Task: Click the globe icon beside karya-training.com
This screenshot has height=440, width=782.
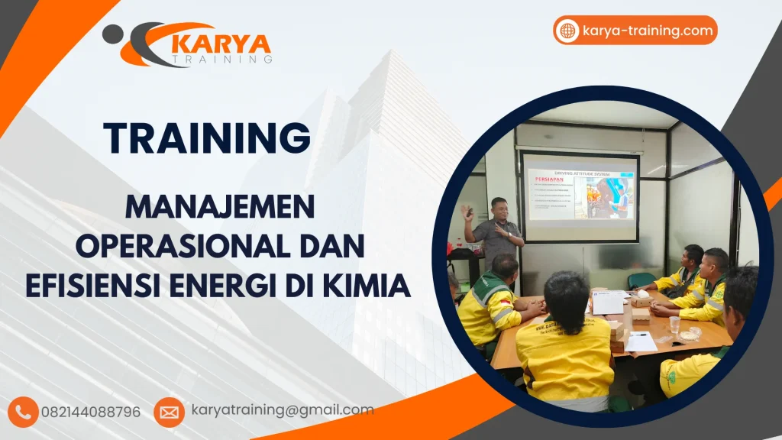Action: click(x=567, y=31)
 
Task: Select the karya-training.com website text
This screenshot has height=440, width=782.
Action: click(x=647, y=31)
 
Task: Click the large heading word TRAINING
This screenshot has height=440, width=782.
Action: click(x=207, y=138)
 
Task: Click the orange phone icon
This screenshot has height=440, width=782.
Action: click(x=24, y=412)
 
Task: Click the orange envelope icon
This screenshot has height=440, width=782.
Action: click(x=169, y=412)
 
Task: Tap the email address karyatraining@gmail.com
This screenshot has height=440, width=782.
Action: click(x=283, y=410)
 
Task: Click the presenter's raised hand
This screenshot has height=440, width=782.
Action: click(x=467, y=212)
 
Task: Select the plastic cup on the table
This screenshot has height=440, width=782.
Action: click(x=674, y=324)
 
